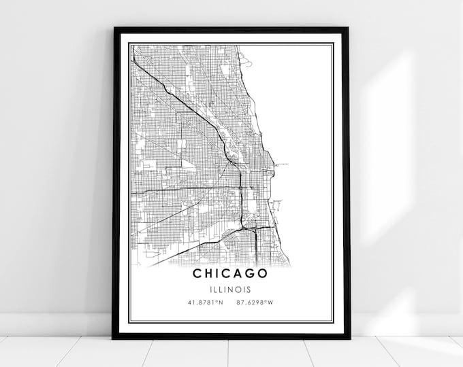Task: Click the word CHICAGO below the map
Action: pyautogui.click(x=230, y=273)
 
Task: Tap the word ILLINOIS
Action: pyautogui.click(x=230, y=289)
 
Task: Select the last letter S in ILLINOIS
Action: pyautogui.click(x=249, y=289)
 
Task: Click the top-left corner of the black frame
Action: pyautogui.click(x=114, y=29)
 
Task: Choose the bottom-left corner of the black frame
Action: pyautogui.click(x=114, y=338)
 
